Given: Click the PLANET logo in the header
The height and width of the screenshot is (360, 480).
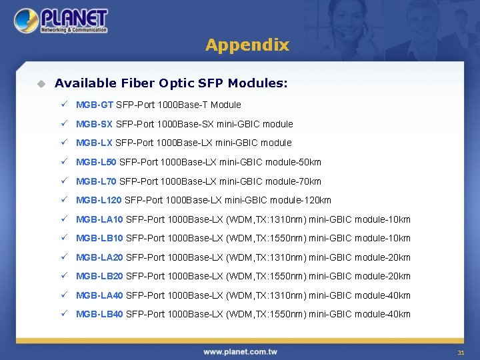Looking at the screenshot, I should pos(61,21).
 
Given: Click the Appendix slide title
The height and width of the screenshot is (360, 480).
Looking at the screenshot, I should pos(247,45).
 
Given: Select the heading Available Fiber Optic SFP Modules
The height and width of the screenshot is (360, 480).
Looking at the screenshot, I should pos(171,83).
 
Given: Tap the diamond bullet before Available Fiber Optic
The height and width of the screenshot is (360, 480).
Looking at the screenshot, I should pos(41,83).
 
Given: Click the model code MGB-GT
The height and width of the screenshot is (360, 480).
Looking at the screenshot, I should pos(95,105).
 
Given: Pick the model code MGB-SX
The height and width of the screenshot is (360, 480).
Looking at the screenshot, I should pos(95,124).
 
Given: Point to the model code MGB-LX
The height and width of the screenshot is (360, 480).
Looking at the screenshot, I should pos(95,143).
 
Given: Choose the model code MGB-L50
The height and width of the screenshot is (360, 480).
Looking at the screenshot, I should pos(97,162).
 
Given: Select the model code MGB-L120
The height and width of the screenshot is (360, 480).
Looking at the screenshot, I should pos(99,200).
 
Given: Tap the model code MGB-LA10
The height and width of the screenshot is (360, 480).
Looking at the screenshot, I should pos(99,219).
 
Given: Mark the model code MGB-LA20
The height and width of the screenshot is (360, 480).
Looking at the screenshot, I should pos(99,257).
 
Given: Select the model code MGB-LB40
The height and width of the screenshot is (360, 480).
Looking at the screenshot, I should pos(99,314).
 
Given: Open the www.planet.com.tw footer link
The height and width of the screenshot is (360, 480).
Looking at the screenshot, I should pos(240,351).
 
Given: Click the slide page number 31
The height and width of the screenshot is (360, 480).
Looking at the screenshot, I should pos(460,352).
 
